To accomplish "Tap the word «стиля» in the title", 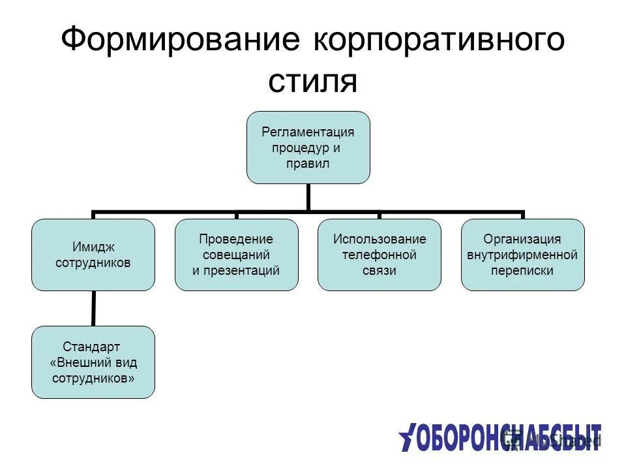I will tap(312, 82).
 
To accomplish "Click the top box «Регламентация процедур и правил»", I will tap(308, 147).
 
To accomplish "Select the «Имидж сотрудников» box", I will tap(93, 255).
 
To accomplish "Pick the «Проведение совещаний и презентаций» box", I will tap(236, 255).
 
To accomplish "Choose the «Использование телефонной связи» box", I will tap(379, 255).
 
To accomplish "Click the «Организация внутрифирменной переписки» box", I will tap(522, 255).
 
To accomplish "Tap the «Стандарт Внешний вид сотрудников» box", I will tap(93, 362).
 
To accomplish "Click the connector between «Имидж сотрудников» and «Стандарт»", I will tap(93, 308).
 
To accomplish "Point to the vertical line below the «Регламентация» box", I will tap(308, 197).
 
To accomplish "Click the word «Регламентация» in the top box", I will tap(308, 132).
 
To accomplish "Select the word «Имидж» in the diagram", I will tap(93, 247).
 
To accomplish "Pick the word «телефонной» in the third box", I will tap(379, 255).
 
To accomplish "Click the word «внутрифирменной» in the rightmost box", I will tap(522, 255).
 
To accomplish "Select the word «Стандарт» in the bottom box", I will tap(91, 347).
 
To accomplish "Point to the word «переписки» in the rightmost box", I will tap(522, 270).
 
